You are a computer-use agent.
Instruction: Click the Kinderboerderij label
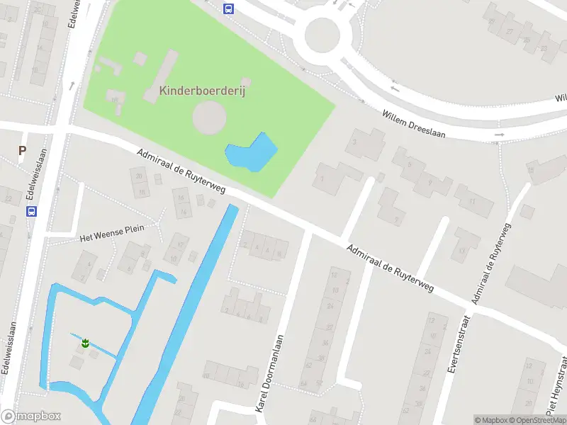pyautogui.click(x=202, y=91)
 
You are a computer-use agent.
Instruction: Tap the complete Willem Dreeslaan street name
pyautogui.click(x=413, y=124)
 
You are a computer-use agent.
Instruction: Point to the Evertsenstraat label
pyautogui.click(x=459, y=344)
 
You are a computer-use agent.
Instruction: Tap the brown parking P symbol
pyautogui.click(x=22, y=150)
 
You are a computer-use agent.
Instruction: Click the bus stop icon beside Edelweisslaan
pyautogui.click(x=31, y=211)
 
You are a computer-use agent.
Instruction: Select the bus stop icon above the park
pyautogui.click(x=228, y=8)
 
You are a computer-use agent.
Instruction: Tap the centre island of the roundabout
pyautogui.click(x=323, y=35)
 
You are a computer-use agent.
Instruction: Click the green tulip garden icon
pyautogui.click(x=85, y=344)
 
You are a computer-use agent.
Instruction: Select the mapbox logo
pyautogui.click(x=31, y=416)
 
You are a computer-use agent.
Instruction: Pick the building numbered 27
pyautogui.click(x=510, y=31)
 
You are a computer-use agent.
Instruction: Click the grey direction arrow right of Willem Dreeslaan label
pyautogui.click(x=500, y=134)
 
